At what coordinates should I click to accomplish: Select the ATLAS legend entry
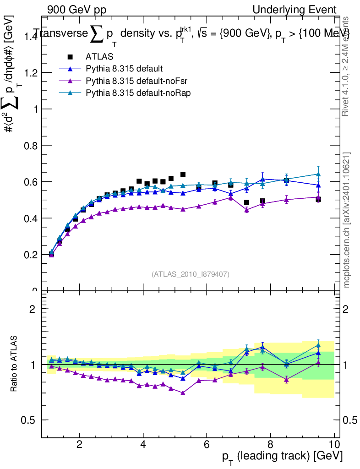pyautogui.click(x=99, y=57)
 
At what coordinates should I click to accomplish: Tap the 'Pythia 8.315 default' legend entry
pyautogui.click(x=124, y=69)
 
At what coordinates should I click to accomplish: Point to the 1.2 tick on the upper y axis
pyautogui.click(x=27, y=73)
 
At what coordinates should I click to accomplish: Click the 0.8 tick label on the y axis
pyautogui.click(x=27, y=146)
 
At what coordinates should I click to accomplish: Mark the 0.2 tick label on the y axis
pyautogui.click(x=27, y=255)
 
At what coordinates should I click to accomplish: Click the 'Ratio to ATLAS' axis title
pyautogui.click(x=15, y=364)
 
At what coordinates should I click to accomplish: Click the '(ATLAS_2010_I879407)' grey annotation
pyautogui.click(x=191, y=274)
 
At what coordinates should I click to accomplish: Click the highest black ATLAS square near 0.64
pyautogui.click(x=183, y=175)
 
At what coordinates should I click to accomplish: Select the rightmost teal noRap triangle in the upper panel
pyautogui.click(x=318, y=174)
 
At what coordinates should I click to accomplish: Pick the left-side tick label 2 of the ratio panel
pyautogui.click(x=33, y=309)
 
